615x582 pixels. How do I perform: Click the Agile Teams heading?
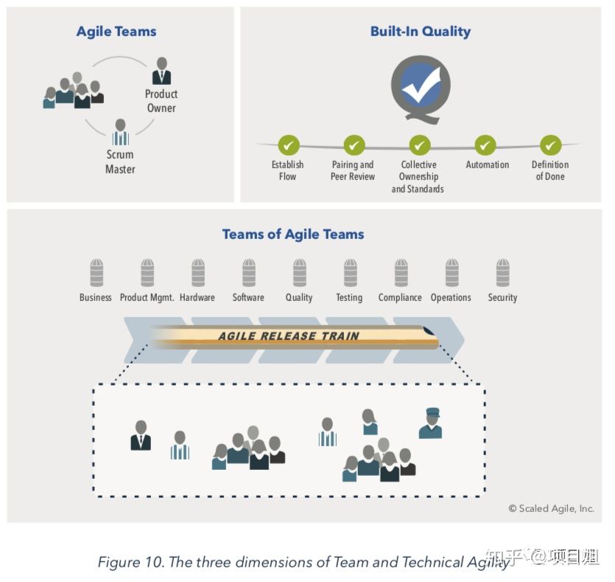(116, 32)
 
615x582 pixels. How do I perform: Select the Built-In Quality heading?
(420, 32)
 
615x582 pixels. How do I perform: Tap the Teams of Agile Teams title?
(293, 235)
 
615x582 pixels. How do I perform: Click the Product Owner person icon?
(161, 72)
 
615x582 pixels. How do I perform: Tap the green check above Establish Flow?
(288, 145)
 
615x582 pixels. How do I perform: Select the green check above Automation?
(485, 145)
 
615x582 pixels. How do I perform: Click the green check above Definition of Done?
(550, 145)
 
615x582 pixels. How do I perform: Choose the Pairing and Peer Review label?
(353, 170)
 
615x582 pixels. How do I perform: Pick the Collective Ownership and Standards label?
(418, 177)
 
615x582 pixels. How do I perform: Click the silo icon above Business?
(96, 273)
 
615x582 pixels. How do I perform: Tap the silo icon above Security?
(502, 273)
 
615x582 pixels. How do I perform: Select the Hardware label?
(197, 297)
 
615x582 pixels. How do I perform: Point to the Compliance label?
(400, 297)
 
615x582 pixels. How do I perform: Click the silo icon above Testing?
(350, 273)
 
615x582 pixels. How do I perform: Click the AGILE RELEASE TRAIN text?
(289, 336)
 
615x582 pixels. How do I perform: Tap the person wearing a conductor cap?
(430, 423)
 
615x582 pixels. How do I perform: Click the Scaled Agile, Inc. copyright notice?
(551, 508)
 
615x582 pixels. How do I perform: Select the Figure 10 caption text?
(302, 562)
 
